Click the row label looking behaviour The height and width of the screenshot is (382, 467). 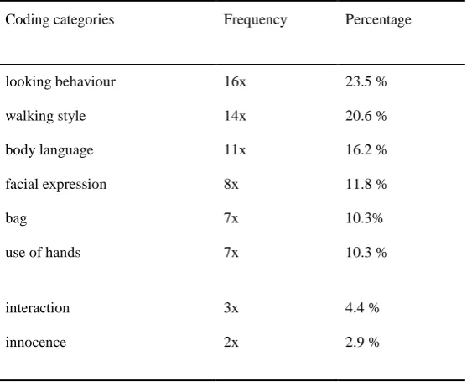(60, 82)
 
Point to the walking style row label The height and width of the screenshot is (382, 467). (45, 116)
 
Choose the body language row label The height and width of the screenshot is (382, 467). (49, 150)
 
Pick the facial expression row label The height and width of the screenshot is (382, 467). (56, 185)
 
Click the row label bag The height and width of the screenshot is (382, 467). (16, 219)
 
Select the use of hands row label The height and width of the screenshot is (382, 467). (43, 253)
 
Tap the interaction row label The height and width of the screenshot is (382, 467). (38, 308)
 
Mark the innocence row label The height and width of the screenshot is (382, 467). (36, 343)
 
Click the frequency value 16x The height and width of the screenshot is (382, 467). (235, 81)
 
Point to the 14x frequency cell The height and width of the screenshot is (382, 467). (235, 116)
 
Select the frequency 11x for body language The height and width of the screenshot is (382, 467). (235, 150)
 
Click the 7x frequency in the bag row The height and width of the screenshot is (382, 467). (231, 218)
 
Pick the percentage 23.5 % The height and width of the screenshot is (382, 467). (366, 81)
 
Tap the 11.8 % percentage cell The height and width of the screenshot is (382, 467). (366, 185)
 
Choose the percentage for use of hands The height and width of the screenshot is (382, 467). (366, 253)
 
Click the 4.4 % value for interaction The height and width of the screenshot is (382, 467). (362, 308)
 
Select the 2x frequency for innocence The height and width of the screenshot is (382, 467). (231, 342)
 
